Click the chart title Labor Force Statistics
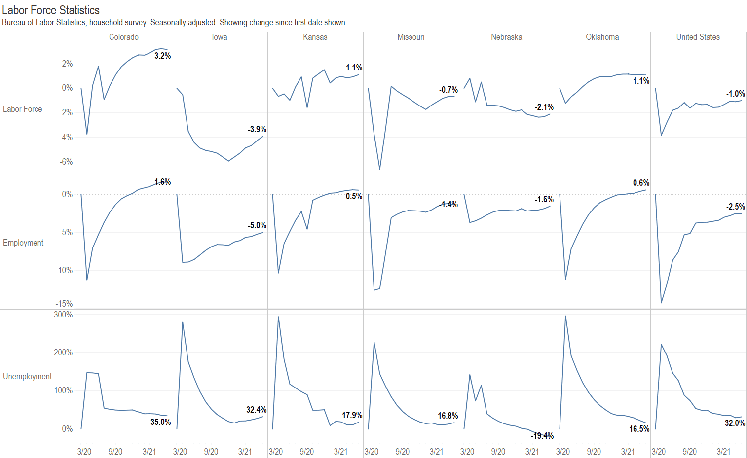click(x=51, y=10)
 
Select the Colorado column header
click(x=124, y=37)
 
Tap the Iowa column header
click(x=220, y=37)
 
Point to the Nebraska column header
click(x=506, y=37)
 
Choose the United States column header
click(x=698, y=37)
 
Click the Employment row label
click(x=23, y=243)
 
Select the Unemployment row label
click(x=27, y=376)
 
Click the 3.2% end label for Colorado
click(x=162, y=56)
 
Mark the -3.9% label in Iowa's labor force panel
click(x=257, y=129)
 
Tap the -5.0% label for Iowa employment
click(x=257, y=225)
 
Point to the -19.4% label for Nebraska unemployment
click(x=542, y=436)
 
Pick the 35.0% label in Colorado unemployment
click(x=160, y=422)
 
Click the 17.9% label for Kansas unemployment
click(x=352, y=415)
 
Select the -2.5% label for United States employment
click(x=735, y=207)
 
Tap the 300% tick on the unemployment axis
click(x=63, y=315)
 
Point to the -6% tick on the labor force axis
click(x=66, y=162)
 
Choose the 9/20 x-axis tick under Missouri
click(x=402, y=452)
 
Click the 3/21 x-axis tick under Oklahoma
click(x=628, y=452)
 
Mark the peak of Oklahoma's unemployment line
click(x=565, y=316)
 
